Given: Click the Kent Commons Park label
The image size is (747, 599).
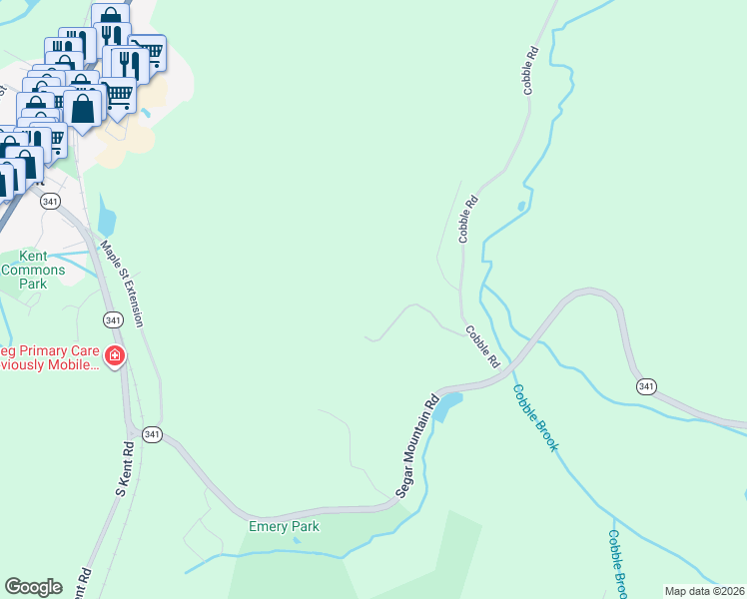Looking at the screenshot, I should point(33,270).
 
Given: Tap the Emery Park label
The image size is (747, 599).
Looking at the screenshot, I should point(284,526).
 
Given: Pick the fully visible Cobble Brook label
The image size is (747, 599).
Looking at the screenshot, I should point(535,417).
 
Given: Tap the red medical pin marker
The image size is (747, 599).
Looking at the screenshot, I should point(115,356).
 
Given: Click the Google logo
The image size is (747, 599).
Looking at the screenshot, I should point(33,587).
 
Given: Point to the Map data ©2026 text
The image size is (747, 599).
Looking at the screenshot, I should point(704,591).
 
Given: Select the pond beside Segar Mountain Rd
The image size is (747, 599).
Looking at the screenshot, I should point(446,404).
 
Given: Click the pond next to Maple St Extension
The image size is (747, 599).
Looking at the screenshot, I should point(106,218).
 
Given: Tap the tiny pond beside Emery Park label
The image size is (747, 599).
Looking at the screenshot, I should point(296,540).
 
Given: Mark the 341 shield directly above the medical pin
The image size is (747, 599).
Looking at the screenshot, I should point(113,319).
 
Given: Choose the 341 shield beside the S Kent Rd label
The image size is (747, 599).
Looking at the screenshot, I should point(152,434).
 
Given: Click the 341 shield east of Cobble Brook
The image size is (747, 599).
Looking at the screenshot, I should point(646,386).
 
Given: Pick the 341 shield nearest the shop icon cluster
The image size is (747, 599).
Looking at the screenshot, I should point(50,202).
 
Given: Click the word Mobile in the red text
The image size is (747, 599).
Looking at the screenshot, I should point(73,365).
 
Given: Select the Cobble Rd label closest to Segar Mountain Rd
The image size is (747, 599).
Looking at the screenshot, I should point(481,346).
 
